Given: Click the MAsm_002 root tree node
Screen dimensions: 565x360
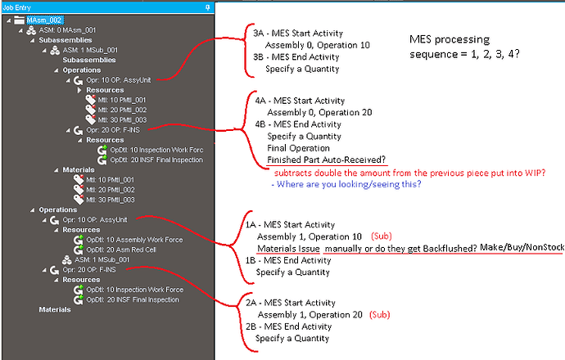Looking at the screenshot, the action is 44,20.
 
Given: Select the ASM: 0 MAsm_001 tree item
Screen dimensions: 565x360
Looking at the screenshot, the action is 67,30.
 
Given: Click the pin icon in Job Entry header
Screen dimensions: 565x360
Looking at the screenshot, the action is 207,7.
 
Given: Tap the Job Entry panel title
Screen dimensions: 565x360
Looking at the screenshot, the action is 17,7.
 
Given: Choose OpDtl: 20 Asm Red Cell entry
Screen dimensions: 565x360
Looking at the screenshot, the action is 121,250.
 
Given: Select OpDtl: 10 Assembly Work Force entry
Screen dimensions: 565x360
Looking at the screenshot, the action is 134,240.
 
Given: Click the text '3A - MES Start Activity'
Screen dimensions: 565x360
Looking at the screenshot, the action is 298,34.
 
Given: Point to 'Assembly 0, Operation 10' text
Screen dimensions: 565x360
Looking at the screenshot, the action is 318,45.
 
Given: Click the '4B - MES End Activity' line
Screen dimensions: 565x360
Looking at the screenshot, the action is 298,124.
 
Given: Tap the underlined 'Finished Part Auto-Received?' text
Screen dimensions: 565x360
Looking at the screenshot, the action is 327,160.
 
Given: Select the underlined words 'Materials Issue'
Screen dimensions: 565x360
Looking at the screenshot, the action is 288,249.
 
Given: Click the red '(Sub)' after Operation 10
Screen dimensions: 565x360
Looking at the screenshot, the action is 382,236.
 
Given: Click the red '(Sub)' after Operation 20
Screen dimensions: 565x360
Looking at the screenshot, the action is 379,315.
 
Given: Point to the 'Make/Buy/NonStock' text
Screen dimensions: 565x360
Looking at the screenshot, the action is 522,247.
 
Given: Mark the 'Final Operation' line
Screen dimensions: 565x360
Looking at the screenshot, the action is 298,148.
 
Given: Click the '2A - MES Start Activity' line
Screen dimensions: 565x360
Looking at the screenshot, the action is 291,303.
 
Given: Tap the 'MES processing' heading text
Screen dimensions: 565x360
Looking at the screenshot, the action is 450,39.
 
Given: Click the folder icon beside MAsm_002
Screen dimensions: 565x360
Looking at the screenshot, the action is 19,20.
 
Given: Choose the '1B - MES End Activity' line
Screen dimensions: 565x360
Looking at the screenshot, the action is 288,260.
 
